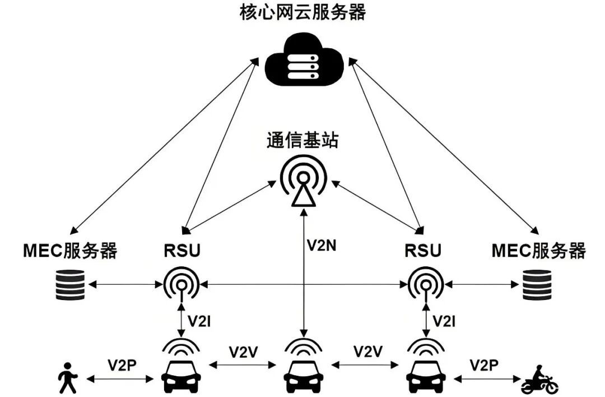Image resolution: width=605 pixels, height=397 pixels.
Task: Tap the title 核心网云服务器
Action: point(303,12)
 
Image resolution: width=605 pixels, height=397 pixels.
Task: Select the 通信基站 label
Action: point(302,140)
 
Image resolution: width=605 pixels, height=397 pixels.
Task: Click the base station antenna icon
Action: point(302,182)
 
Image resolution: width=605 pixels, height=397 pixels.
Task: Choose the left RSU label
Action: point(182,250)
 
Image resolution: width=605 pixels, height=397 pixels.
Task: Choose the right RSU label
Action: point(423,250)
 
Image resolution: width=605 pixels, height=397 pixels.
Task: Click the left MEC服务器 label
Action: point(71,251)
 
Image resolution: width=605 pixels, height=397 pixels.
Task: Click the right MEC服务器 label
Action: point(538,251)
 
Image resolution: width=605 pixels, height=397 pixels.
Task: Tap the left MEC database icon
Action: point(70,285)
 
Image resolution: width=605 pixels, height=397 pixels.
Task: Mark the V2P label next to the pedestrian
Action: point(123,365)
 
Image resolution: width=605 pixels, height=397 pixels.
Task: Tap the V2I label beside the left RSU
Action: point(199,321)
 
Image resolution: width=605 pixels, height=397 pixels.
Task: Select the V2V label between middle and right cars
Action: point(367,352)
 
